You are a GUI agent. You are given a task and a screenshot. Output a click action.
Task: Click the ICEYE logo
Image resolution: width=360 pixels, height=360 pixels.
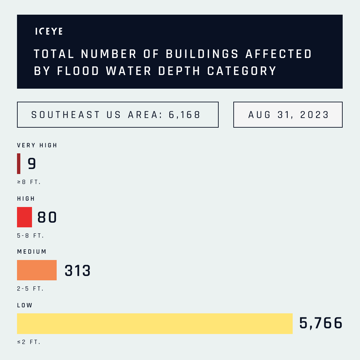point(49,31)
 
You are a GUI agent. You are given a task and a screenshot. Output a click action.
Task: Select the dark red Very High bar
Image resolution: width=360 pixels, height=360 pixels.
point(19,164)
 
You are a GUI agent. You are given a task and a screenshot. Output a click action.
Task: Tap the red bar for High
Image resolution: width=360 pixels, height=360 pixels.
point(24,217)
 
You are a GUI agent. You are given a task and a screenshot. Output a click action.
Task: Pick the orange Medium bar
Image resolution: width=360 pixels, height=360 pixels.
point(37,270)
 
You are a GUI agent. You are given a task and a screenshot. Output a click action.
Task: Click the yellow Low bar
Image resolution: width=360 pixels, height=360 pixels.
point(155,323)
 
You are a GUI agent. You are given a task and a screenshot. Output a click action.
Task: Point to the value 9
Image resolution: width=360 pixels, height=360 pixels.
point(32,164)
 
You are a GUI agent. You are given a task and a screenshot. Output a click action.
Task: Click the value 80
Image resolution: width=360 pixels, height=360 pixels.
point(47,217)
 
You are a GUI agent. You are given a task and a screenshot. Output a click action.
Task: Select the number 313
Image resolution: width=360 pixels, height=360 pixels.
point(78,271)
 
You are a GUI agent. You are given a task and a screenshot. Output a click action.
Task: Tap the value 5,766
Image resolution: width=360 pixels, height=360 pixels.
point(321,323)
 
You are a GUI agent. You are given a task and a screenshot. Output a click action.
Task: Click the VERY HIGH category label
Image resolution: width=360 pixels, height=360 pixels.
point(37,145)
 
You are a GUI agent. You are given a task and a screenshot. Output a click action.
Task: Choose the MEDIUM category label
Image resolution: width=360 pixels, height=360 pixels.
point(32,252)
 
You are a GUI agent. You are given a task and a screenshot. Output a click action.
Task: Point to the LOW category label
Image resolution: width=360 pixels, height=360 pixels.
point(25,305)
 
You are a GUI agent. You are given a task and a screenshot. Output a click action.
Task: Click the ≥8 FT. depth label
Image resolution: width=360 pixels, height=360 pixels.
point(29,182)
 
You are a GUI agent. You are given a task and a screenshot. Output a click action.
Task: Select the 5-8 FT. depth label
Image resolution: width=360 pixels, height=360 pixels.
point(30,236)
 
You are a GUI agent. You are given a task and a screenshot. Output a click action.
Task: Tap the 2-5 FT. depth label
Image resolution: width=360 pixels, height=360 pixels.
point(30,289)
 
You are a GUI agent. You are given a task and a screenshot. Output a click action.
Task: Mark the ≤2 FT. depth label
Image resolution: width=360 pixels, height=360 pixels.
point(29,342)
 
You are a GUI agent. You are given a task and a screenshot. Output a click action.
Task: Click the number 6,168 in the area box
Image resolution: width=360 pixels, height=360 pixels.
point(185,115)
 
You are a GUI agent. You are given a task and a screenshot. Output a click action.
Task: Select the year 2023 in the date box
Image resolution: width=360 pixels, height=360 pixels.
point(314,115)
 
